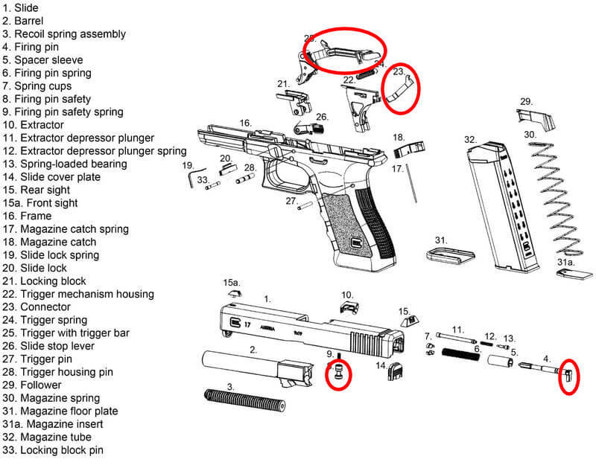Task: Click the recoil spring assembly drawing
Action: click(245, 400)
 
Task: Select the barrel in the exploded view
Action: click(257, 367)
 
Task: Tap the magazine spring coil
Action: click(556, 199)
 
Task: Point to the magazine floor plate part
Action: click(450, 256)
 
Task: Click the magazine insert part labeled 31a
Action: click(574, 274)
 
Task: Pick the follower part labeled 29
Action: click(536, 119)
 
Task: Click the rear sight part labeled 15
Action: click(411, 321)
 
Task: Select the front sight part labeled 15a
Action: click(235, 293)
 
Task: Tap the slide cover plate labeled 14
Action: click(396, 371)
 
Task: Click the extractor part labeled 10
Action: click(349, 307)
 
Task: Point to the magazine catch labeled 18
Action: click(409, 150)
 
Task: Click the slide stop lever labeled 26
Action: click(308, 127)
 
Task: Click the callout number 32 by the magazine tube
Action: click(470, 140)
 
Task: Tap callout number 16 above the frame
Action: click(246, 123)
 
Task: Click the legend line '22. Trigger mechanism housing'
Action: click(78, 294)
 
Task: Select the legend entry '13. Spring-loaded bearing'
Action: click(65, 164)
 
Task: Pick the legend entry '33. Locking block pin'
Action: click(52, 450)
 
